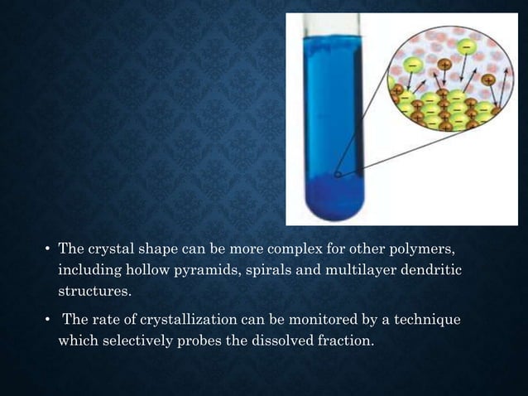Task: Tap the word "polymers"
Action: coord(422,249)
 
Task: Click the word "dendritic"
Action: coord(427,271)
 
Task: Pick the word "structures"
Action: coord(94,292)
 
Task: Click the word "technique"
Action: coord(425,320)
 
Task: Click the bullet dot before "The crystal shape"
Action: coord(48,250)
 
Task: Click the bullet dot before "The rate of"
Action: coord(48,321)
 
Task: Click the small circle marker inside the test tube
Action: coord(337,175)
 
